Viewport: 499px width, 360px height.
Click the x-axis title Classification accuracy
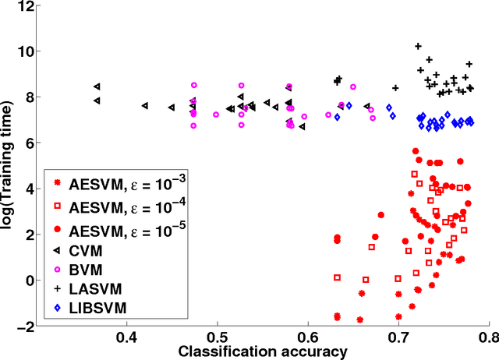[x=264, y=351]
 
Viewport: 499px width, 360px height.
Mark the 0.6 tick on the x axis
[x=308, y=337]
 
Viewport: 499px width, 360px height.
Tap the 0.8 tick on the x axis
[x=488, y=337]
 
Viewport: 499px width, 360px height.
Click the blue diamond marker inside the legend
[x=55, y=308]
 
